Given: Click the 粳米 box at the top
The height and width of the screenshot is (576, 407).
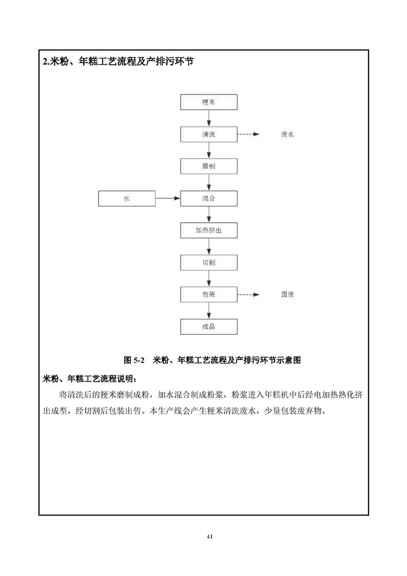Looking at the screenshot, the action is pos(209,102).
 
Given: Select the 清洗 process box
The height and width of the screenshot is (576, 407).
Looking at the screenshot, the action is pos(209,134).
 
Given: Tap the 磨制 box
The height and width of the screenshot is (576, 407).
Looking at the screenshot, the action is pos(209,166).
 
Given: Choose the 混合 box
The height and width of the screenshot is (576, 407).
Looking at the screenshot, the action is pos(209,198).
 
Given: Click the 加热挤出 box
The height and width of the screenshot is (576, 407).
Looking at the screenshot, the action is pos(209,231).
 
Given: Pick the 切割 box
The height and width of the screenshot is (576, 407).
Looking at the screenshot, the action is pos(209,262).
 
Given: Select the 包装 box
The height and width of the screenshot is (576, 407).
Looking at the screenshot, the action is pos(209,294).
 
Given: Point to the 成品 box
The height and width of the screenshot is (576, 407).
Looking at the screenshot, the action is pos(209,327).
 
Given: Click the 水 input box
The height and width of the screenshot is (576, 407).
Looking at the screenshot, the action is pos(127,198).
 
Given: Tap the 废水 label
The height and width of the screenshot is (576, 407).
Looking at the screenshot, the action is pos(287,135).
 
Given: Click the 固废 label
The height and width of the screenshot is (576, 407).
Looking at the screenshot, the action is pos(287,294).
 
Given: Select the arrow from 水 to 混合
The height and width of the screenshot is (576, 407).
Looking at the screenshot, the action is pos(167,198).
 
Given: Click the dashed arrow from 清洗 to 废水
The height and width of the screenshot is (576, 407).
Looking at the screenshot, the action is pos(248,135).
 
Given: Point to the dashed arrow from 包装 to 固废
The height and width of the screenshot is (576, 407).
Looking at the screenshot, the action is pos(248,294).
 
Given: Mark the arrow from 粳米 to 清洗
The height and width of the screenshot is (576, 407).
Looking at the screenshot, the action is pos(209,118).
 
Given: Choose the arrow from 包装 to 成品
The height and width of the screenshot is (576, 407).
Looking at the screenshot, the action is pos(209,311).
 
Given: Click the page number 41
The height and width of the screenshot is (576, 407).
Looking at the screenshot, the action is pos(209,536).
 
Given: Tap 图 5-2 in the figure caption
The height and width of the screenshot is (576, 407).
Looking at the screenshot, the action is pos(134,360).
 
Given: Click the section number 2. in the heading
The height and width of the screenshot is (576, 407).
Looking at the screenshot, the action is pos(46,61).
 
